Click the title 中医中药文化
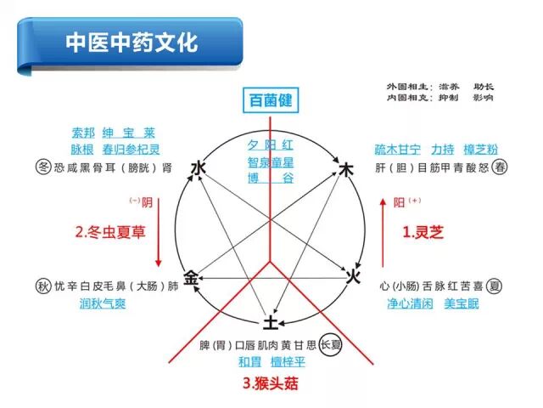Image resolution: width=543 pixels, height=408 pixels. pyautogui.click(x=132, y=42)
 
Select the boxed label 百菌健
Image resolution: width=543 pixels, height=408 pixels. pyautogui.click(x=270, y=100)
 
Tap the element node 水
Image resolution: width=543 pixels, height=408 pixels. pyautogui.click(x=199, y=168)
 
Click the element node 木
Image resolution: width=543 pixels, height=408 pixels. pyautogui.click(x=345, y=170)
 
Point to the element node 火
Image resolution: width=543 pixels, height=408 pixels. pyautogui.click(x=355, y=276)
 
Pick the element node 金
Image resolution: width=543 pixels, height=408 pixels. pyautogui.click(x=193, y=277)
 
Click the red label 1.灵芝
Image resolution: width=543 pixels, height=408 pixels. pyautogui.click(x=423, y=231)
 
